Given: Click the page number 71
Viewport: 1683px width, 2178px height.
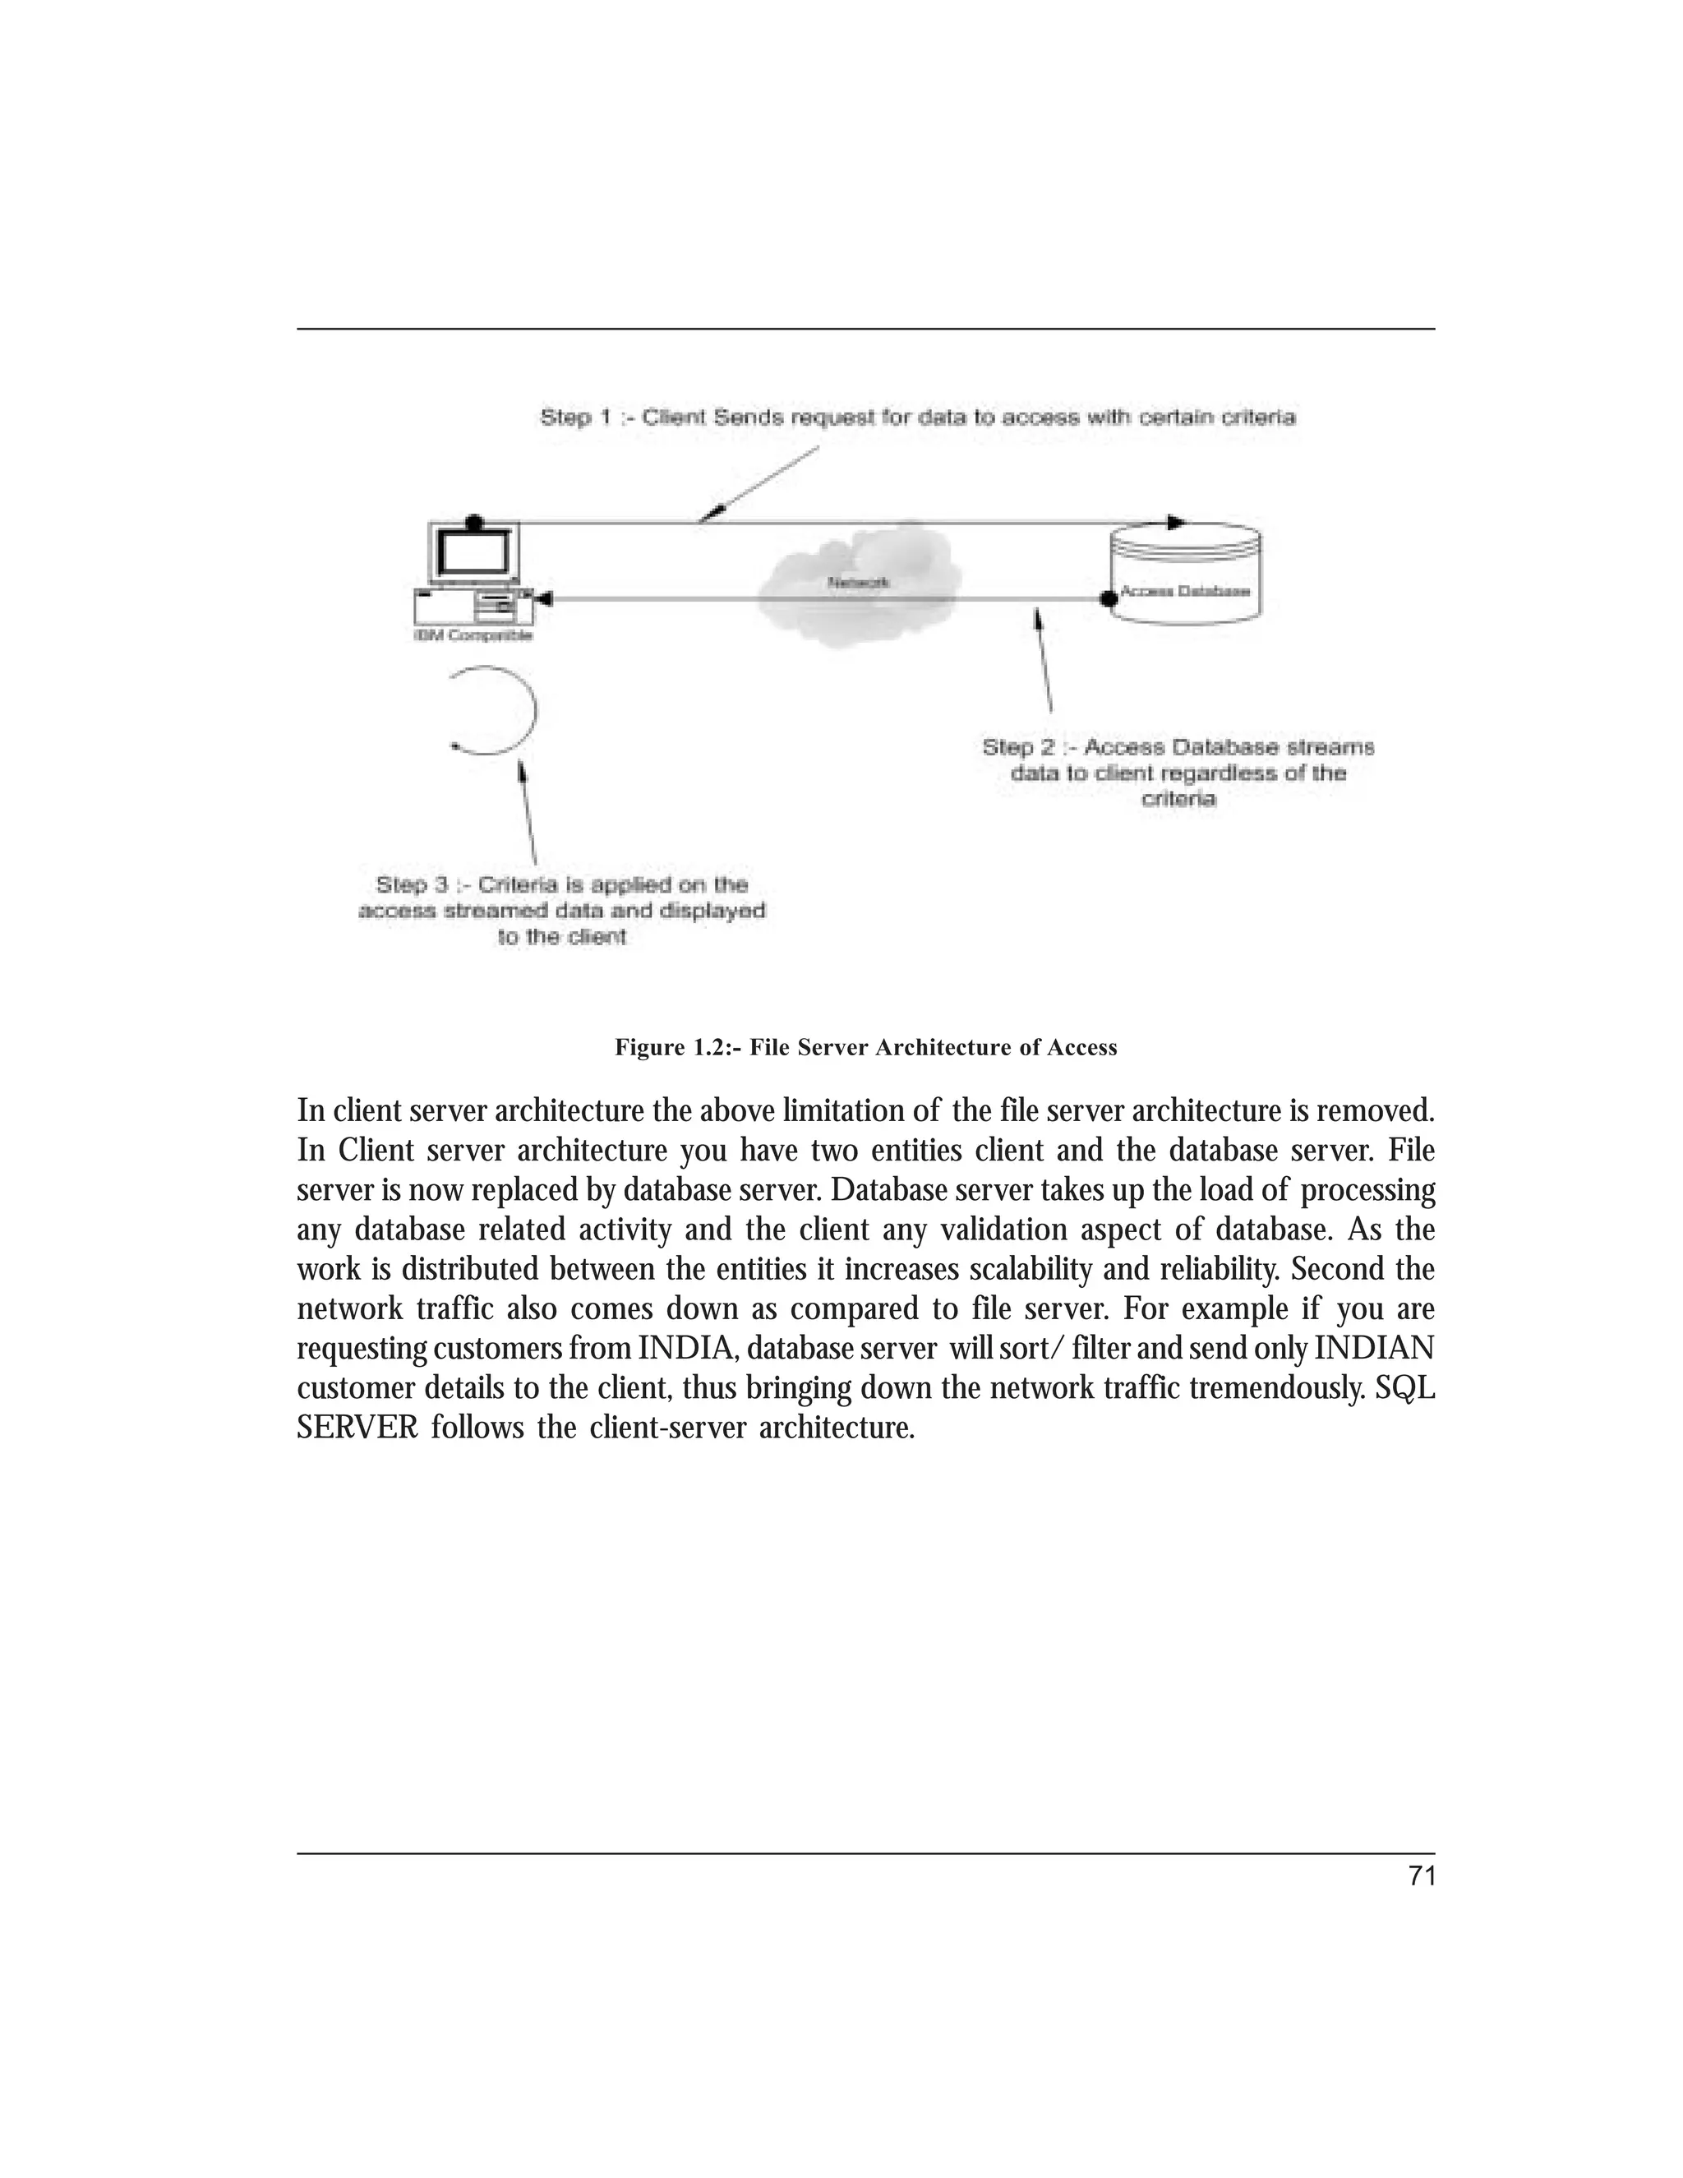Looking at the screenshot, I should tap(1422, 1876).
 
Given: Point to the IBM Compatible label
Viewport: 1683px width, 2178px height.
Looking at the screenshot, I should tap(473, 635).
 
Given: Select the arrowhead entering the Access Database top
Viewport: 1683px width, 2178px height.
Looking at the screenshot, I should tap(1177, 523).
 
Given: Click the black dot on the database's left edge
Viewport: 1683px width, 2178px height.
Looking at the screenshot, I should tap(1107, 598).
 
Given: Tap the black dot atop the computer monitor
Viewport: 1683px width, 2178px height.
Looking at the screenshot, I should tap(475, 523).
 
